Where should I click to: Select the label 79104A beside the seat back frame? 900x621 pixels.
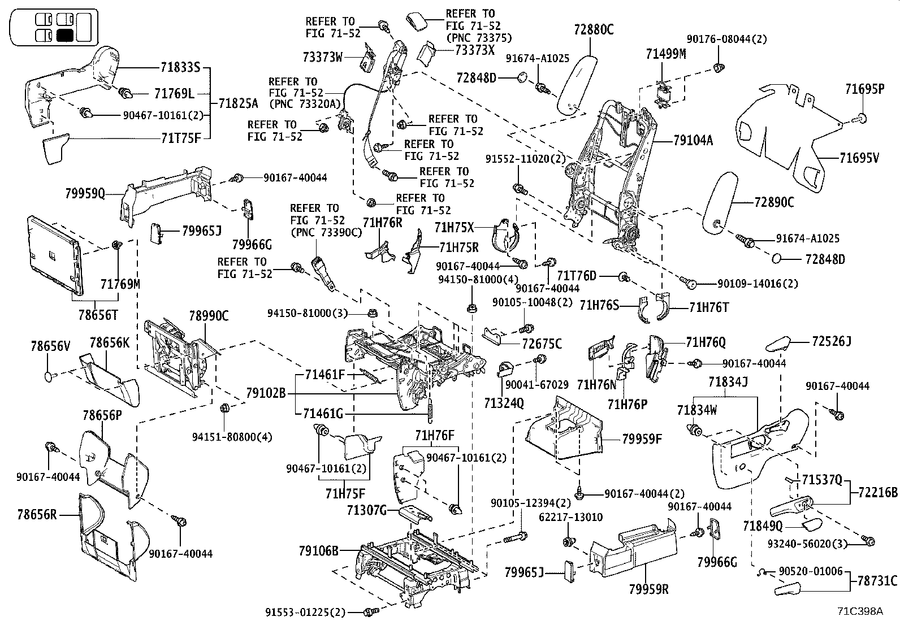[693, 141]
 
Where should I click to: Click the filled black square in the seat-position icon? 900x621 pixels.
[65, 36]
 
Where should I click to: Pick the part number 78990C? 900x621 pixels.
[209, 316]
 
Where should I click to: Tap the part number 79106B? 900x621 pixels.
[319, 550]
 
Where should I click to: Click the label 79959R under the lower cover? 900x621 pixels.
[648, 589]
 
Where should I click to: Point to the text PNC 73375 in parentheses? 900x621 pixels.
[478, 38]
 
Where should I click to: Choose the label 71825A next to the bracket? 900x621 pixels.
[238, 103]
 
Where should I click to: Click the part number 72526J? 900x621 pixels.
[832, 341]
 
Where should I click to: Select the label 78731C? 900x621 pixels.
[877, 580]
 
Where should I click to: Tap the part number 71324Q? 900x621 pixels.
[504, 403]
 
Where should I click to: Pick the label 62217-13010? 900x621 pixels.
[570, 517]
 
